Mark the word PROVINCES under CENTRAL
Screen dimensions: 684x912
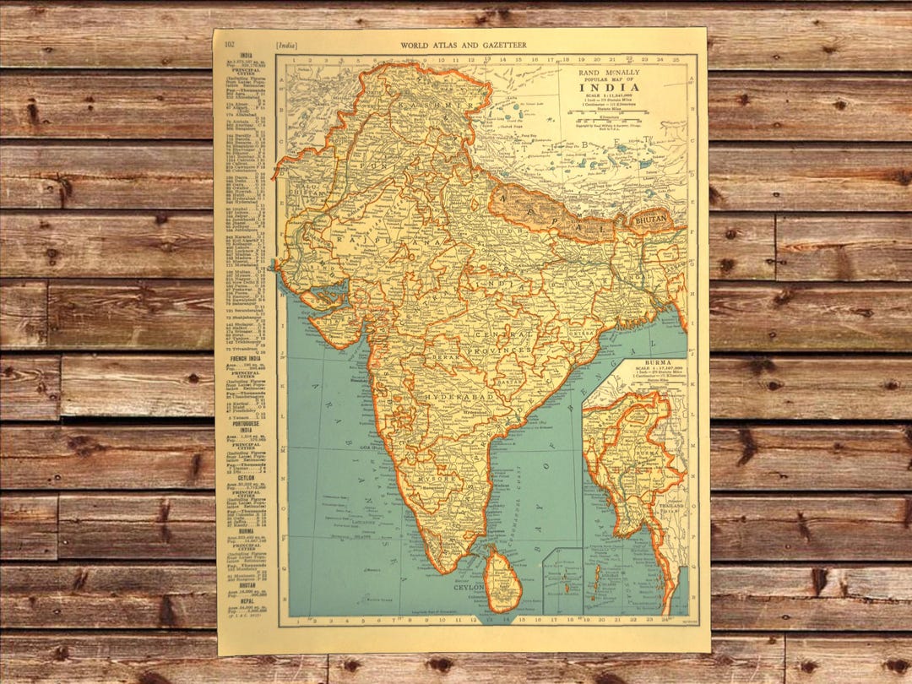coord(504,349)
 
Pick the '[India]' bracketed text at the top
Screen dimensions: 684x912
coord(286,44)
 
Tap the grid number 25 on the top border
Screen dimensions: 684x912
coord(677,61)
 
